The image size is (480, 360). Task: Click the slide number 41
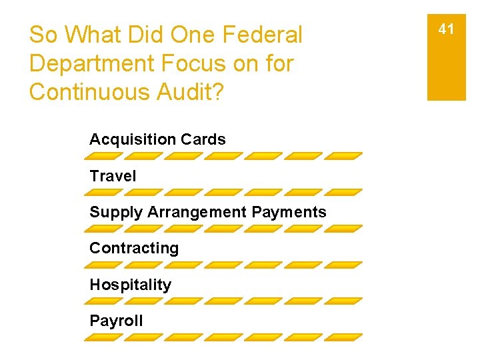point(446,29)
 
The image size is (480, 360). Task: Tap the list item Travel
point(113,176)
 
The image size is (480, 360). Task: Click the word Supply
point(116,213)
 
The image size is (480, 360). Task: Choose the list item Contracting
point(134,248)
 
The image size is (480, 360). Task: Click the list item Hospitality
point(130,285)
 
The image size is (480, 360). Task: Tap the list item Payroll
point(116,321)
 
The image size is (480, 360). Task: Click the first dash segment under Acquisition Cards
point(104,156)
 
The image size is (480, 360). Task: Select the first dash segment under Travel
point(104,192)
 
